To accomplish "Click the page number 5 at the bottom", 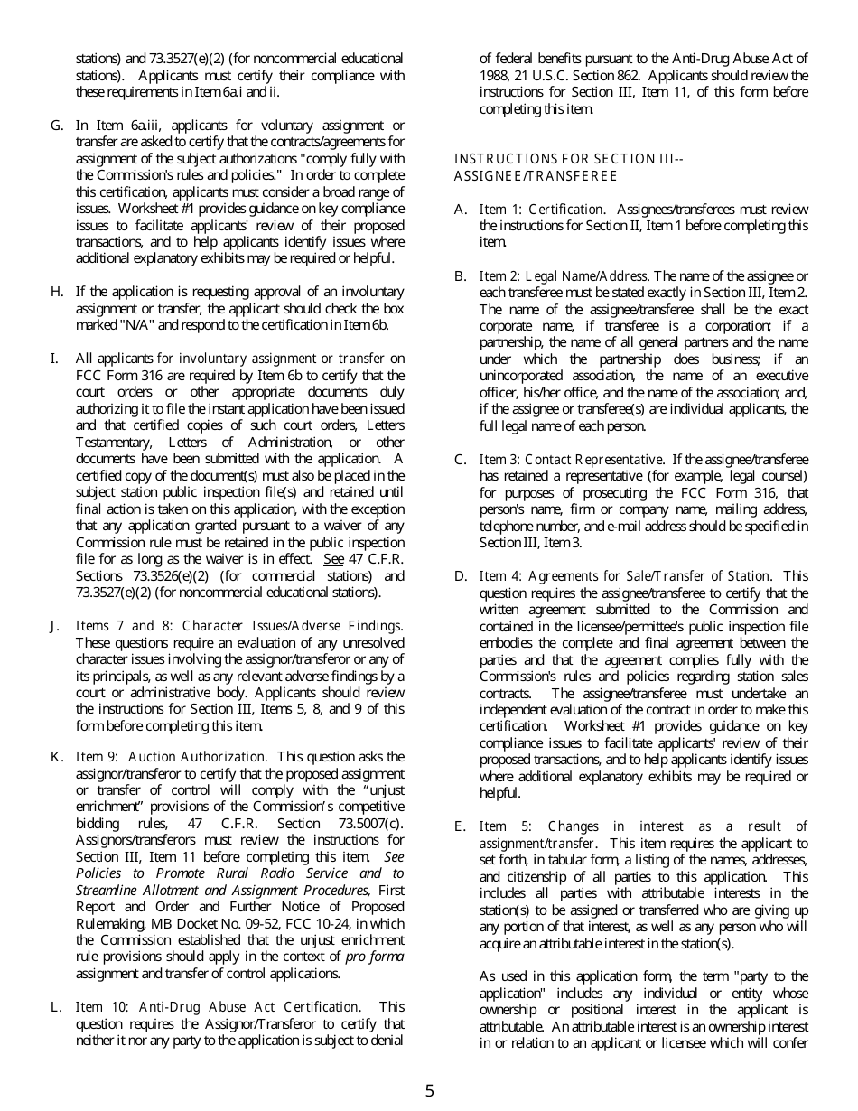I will (429, 1090).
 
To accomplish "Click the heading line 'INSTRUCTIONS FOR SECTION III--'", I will (568, 159).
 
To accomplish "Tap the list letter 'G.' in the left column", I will (57, 126).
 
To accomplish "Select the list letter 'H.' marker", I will (57, 292).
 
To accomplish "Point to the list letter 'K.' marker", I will (57, 757).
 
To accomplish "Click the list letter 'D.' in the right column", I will (461, 576).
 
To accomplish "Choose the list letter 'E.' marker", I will (461, 826).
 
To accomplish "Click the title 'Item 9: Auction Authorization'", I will (172, 757).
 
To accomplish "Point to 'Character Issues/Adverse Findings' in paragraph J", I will (292, 626).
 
